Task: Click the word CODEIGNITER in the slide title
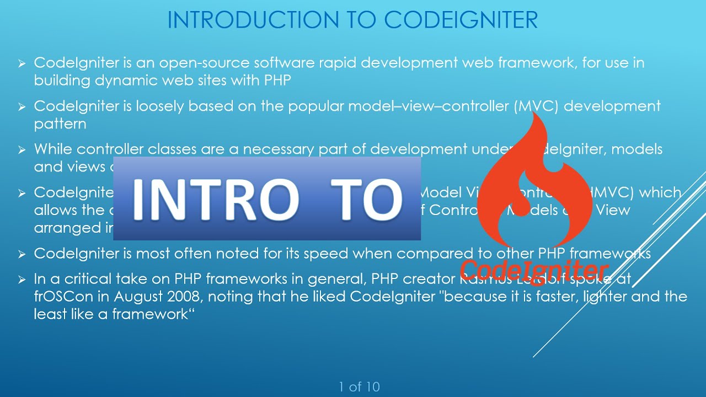[461, 20]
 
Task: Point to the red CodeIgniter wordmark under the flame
[534, 271]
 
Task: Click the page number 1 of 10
[359, 387]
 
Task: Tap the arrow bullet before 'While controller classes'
[22, 150]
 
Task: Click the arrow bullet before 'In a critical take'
[22, 279]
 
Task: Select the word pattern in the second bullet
[60, 124]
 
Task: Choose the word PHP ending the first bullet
[277, 80]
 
